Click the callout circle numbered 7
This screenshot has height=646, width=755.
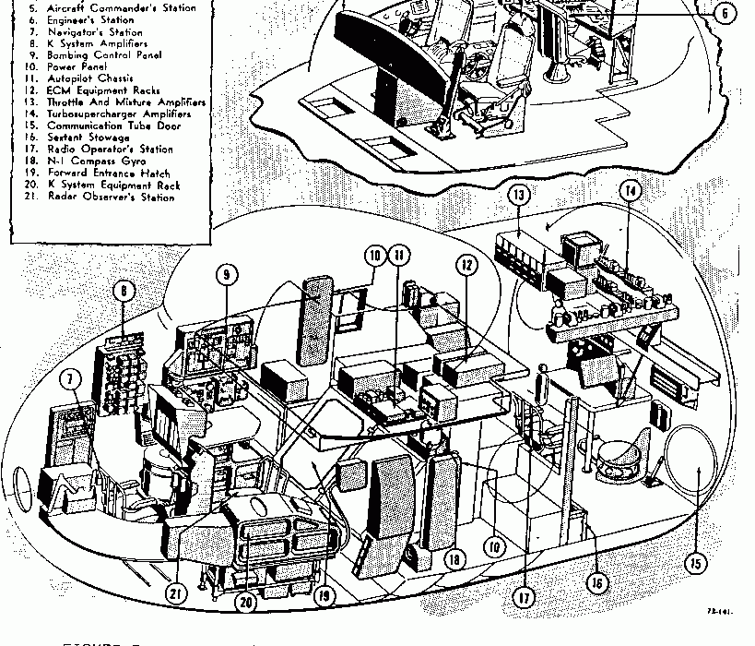point(69,379)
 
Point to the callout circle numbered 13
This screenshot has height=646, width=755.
point(519,195)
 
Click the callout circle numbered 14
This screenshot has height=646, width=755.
point(631,191)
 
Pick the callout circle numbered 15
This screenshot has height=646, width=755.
point(695,561)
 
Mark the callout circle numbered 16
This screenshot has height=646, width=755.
point(598,582)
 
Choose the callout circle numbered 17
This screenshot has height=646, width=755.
point(524,597)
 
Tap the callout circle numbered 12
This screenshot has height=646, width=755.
point(467,265)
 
